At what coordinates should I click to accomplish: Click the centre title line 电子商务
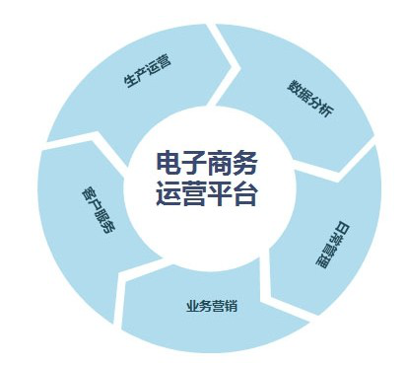click(206, 162)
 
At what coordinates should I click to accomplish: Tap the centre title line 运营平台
click(206, 193)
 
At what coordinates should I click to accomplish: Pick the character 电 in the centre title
click(169, 162)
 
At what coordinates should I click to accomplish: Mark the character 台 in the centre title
click(244, 193)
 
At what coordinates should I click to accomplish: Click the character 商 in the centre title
click(219, 162)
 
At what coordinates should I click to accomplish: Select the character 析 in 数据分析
click(327, 115)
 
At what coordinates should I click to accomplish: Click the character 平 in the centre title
click(219, 193)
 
